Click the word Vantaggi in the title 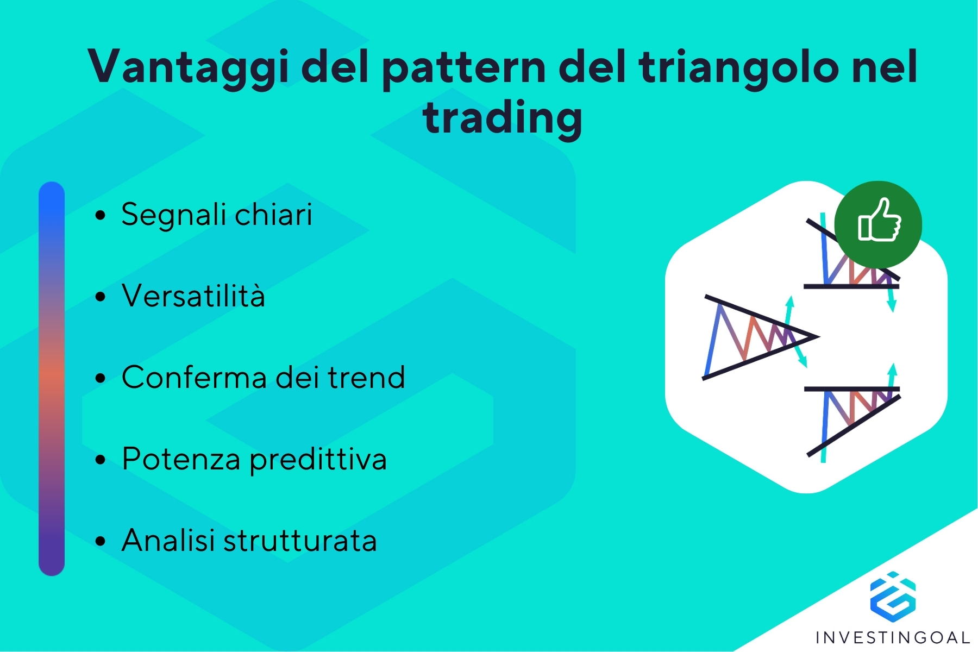click(188, 67)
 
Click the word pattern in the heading click(465, 68)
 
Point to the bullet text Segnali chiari click(217, 215)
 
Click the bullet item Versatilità click(193, 296)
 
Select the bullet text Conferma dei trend click(264, 377)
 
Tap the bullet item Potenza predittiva click(254, 460)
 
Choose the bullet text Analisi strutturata click(249, 541)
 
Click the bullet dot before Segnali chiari click(100, 216)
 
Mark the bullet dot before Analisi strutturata click(100, 542)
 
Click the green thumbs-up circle click(878, 224)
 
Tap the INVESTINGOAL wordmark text click(893, 637)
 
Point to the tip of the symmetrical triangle click(818, 337)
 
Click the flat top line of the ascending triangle click(852, 389)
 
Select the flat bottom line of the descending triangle click(851, 286)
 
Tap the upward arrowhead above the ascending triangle click(892, 370)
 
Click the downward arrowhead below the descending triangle click(891, 305)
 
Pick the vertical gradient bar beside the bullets click(52, 379)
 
